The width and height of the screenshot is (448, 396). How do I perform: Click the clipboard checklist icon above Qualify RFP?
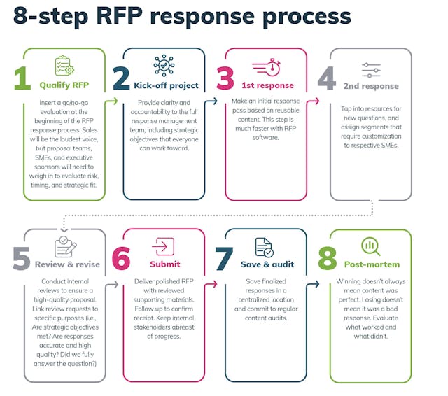(x=64, y=66)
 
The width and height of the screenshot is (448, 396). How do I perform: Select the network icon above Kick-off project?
(x=164, y=65)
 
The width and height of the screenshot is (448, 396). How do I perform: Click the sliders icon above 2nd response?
(x=371, y=70)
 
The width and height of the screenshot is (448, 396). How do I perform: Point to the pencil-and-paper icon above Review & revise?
(x=65, y=247)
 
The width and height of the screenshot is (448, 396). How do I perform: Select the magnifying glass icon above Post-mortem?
(x=370, y=247)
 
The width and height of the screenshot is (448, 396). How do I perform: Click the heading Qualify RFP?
(x=64, y=87)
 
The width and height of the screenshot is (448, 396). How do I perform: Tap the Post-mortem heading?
(x=371, y=265)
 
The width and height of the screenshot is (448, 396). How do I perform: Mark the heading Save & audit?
(x=267, y=265)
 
